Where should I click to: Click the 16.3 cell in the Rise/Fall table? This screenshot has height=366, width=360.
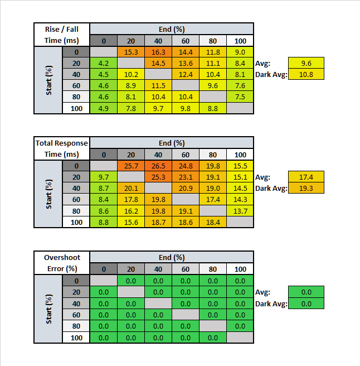[158, 52]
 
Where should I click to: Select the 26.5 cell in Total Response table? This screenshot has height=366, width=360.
[158, 166]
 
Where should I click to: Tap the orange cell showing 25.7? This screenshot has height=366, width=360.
[131, 166]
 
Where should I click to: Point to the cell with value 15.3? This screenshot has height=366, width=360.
[131, 52]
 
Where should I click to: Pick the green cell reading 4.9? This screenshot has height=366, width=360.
[104, 108]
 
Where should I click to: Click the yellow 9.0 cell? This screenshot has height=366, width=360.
[240, 52]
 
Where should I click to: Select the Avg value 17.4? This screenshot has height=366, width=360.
[305, 177]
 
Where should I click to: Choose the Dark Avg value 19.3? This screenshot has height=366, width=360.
[305, 188]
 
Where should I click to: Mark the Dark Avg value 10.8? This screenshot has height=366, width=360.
[305, 74]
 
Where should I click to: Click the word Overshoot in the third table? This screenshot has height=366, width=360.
[62, 258]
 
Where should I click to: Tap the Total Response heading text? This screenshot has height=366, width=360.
[62, 143]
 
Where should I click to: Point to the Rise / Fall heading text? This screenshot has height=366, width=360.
[62, 29]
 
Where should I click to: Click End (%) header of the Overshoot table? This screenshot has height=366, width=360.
[172, 258]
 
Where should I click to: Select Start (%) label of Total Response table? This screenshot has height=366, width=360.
[49, 194]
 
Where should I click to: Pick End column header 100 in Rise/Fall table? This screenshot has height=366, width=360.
[240, 41]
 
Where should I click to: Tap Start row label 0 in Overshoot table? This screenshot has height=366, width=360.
[76, 281]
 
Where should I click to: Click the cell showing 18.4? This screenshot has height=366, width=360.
[213, 222]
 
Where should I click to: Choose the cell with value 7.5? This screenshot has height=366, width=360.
[240, 97]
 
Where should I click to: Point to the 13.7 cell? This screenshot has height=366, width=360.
[240, 211]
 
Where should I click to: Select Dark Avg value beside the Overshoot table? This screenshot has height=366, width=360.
[305, 304]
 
